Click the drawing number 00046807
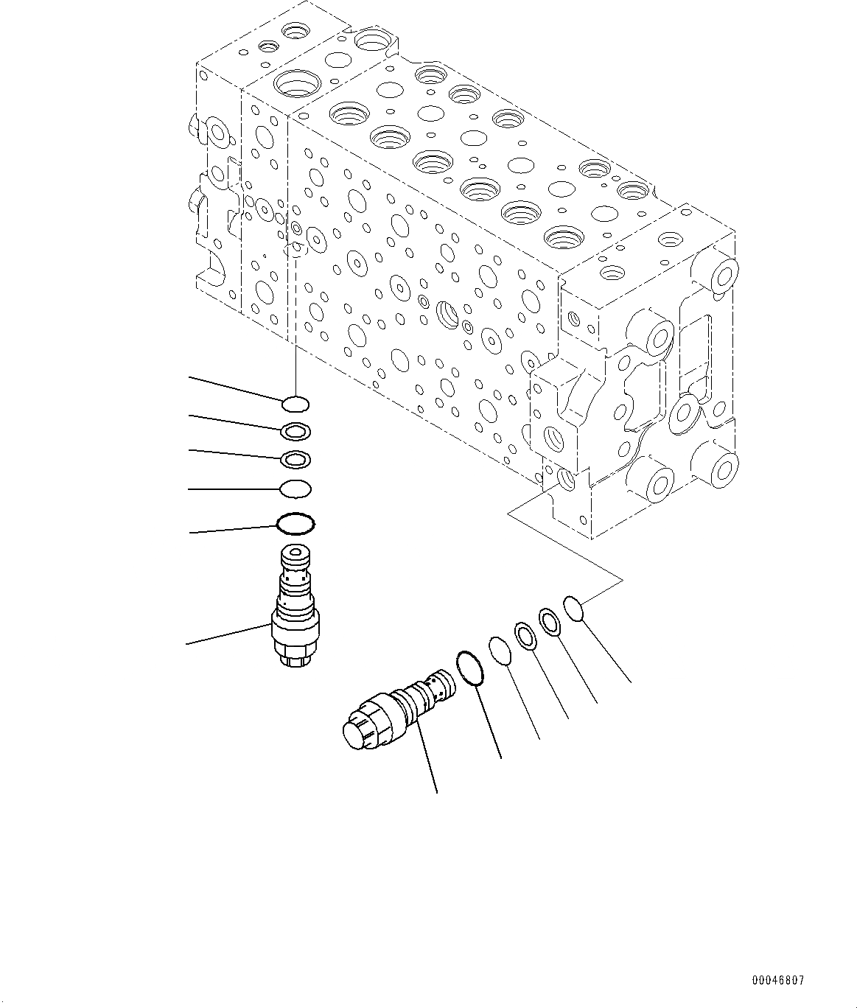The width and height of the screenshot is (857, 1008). [x=777, y=981]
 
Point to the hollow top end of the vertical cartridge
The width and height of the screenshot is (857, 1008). [x=295, y=553]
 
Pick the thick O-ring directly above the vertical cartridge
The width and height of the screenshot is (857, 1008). [x=295, y=524]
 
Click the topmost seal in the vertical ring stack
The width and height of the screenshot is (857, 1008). [x=295, y=403]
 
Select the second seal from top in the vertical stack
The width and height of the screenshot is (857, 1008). [x=295, y=430]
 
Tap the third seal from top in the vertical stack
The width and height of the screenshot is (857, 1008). [x=295, y=459]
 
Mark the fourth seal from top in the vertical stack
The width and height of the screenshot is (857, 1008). [x=295, y=488]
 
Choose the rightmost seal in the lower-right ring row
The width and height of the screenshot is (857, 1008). [x=574, y=608]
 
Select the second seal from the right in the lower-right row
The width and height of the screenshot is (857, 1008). [x=550, y=620]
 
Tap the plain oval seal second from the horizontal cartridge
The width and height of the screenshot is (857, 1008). [x=500, y=651]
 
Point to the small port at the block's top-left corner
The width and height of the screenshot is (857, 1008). [x=297, y=31]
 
